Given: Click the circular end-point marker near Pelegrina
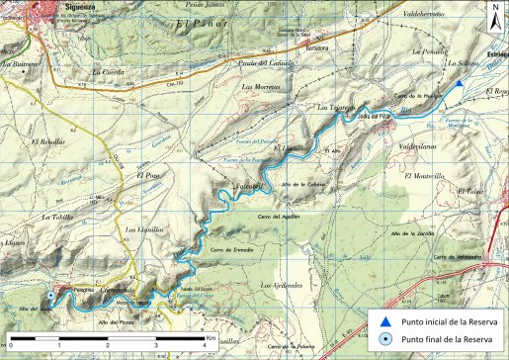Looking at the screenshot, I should pos(51,295).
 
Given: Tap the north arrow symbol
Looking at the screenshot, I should pos(494,14).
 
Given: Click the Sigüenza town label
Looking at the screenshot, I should pos(40,5).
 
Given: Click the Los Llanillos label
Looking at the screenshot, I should pos(142,229).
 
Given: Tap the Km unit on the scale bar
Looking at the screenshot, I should pos(212,337).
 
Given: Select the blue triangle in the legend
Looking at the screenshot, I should pos(384,322).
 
